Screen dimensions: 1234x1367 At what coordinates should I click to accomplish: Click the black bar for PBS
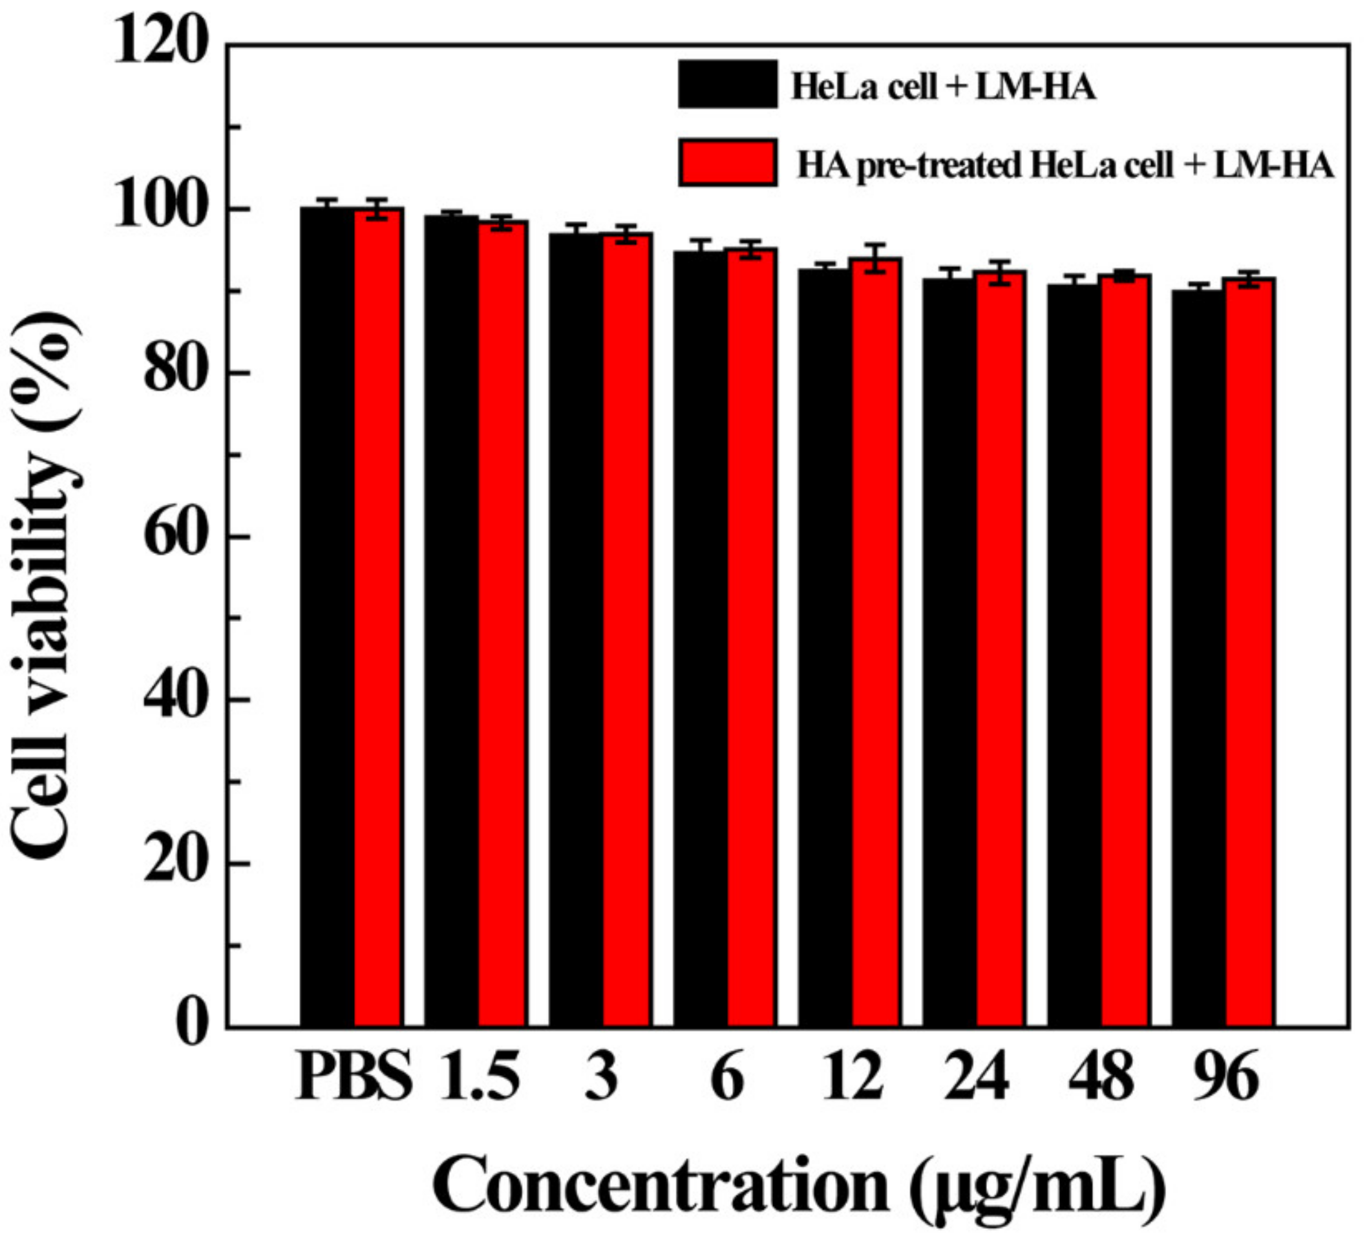click(327, 617)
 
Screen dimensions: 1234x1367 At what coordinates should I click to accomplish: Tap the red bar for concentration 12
click(876, 644)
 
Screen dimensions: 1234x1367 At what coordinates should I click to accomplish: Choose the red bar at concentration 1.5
click(502, 624)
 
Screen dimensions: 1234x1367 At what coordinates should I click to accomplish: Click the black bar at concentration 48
click(1074, 654)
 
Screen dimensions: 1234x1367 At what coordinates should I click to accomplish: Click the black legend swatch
click(728, 84)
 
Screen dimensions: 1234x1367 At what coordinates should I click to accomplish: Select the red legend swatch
click(728, 163)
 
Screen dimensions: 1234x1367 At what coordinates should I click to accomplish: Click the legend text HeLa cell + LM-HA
click(942, 87)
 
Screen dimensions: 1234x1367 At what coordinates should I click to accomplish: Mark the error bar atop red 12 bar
click(876, 258)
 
